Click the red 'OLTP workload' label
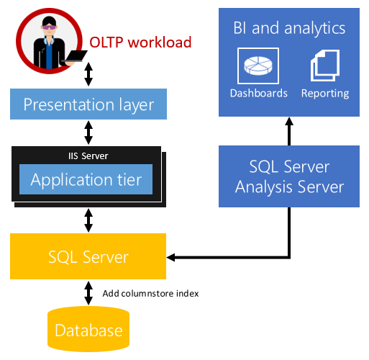coord(140,42)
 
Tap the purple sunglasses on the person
coord(50,27)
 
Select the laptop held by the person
coord(75,57)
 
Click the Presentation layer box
coord(88,104)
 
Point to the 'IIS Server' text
coord(88,156)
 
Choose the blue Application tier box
coord(86,179)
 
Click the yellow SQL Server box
coord(88,256)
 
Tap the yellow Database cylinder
coord(88,329)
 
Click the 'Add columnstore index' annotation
coord(150,294)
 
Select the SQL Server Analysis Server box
coord(289,176)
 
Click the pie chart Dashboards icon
coord(258,66)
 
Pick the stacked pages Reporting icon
coord(325,66)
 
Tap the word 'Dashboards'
coord(259,93)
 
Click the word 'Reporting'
coord(325,94)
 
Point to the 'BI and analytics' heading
coord(289,28)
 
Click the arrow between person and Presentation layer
coord(88,74)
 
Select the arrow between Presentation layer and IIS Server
coord(88,132)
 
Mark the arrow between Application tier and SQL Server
coord(88,220)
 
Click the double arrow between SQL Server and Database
coord(88,293)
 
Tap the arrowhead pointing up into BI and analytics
coord(289,121)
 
